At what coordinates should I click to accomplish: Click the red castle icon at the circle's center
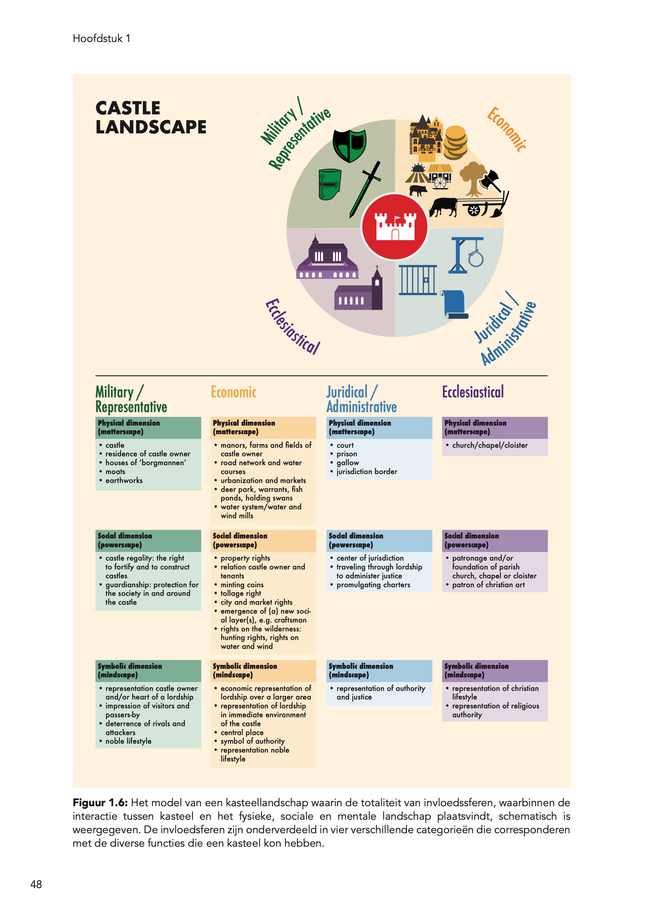(395, 226)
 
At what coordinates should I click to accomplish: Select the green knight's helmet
(330, 184)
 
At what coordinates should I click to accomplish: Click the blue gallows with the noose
(467, 255)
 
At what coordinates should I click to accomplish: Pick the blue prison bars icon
(418, 280)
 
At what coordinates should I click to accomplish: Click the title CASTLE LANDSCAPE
(151, 117)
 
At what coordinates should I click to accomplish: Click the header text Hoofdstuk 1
(101, 39)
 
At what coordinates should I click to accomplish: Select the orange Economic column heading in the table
(233, 392)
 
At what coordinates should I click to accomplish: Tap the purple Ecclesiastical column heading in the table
(473, 392)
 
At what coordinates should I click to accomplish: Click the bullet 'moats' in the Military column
(115, 471)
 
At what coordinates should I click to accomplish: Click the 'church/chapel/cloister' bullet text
(490, 445)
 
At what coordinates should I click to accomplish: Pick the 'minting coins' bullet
(242, 585)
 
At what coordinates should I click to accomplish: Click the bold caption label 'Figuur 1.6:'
(100, 803)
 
